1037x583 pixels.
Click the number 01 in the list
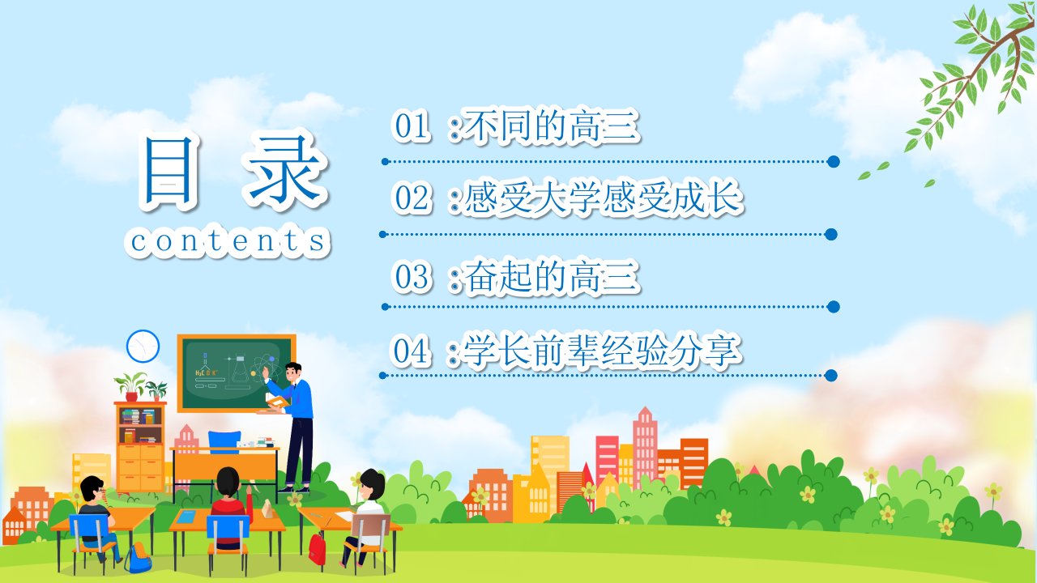[x=410, y=126]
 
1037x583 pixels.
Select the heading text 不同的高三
[x=551, y=125]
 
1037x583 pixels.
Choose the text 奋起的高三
[x=551, y=277]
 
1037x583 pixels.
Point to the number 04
[x=410, y=351]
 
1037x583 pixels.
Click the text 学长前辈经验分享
[x=602, y=351]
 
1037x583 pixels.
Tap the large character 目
[x=169, y=169]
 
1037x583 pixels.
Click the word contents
[x=228, y=240]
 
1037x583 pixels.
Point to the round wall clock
[x=143, y=346]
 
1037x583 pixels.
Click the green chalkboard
[x=236, y=373]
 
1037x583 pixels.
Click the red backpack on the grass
[x=317, y=549]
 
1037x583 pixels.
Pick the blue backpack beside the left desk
[x=138, y=559]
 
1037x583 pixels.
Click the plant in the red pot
[x=131, y=387]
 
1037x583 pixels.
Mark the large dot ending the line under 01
[x=834, y=161]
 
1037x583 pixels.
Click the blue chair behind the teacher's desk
[x=224, y=442]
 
